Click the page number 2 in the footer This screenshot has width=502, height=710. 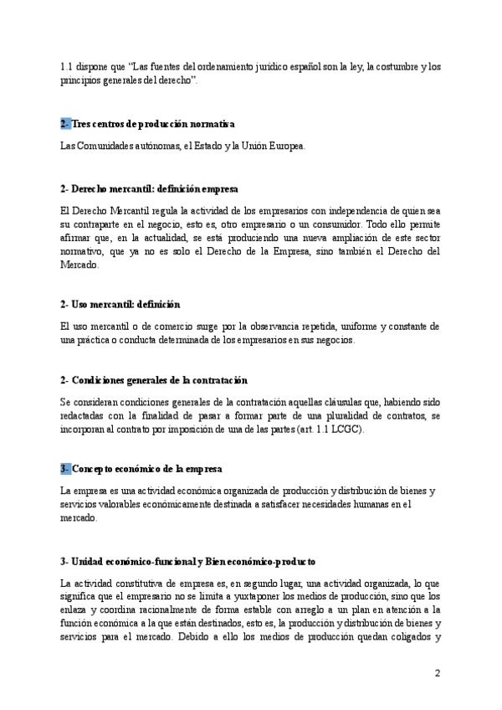click(x=437, y=672)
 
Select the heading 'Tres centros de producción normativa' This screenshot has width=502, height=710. click(x=153, y=124)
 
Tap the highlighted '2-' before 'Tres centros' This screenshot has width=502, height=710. click(x=66, y=124)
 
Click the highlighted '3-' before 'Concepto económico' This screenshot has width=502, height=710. click(x=66, y=467)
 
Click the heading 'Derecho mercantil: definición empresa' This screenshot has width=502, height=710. click(x=150, y=189)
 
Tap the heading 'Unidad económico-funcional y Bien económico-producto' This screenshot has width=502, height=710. click(x=187, y=560)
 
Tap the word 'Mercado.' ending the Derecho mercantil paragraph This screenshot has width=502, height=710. click(x=79, y=265)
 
